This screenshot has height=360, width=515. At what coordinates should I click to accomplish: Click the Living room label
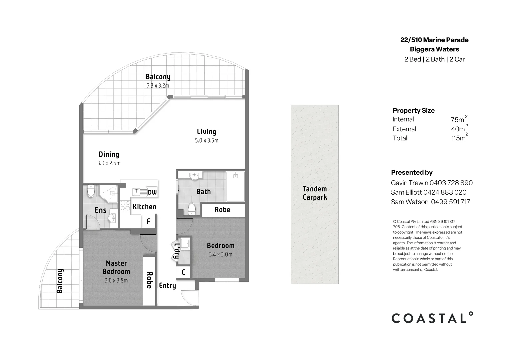pos(206,132)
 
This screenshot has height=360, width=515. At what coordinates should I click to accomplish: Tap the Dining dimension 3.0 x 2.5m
pos(109,163)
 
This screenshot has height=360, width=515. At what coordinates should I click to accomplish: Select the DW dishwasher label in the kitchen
pos(152,192)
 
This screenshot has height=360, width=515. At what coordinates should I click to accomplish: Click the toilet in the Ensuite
pos(91,191)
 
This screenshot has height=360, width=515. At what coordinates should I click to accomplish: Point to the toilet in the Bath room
pos(191,209)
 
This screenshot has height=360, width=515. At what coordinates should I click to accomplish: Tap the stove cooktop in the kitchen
pos(125,205)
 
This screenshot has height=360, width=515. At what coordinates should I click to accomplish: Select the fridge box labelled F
pos(149,221)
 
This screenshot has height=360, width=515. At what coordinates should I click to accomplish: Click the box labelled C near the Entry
pos(183,272)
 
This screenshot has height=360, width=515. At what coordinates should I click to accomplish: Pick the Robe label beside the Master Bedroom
pos(149,280)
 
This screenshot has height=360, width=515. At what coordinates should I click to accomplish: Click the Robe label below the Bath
pos(222,210)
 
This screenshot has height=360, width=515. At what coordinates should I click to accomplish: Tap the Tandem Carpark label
pos(315,193)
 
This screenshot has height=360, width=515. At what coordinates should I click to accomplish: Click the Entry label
pos(167,286)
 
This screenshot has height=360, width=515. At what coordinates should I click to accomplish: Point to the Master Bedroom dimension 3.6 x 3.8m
pos(116,281)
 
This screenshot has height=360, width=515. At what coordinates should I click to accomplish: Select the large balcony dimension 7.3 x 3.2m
pos(158,86)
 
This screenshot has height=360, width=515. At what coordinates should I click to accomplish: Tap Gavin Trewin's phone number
pos(451,183)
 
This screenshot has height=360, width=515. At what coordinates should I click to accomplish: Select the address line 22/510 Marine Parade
pos(434,40)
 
